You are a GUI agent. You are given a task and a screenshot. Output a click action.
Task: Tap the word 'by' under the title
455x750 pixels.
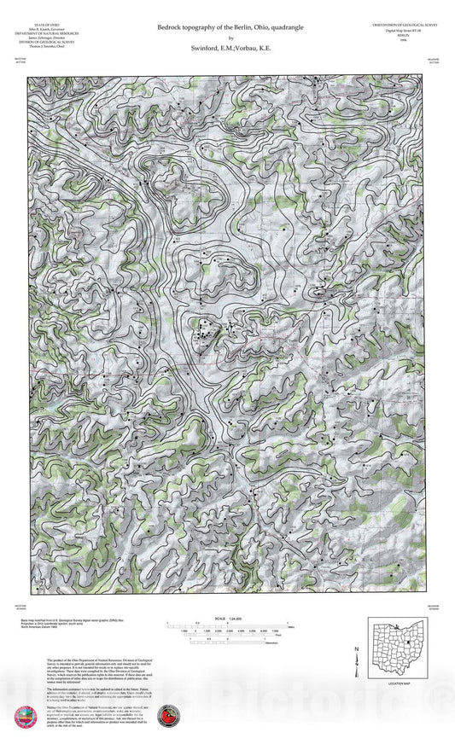pyautogui.click(x=228, y=38)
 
